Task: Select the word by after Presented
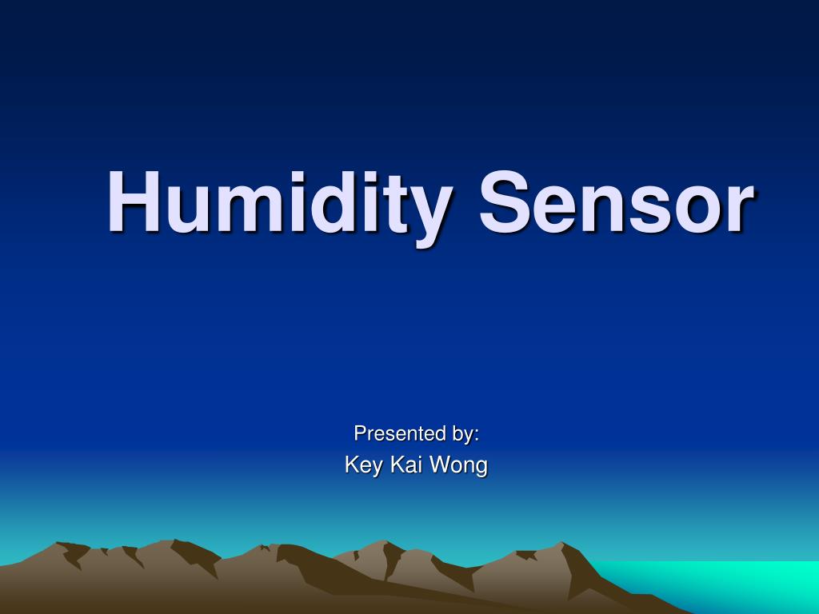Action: point(461,435)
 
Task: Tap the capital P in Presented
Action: point(360,433)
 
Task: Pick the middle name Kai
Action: point(406,464)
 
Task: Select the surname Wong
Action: point(458,465)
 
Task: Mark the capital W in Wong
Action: point(439,464)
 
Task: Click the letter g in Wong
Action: point(480,468)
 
